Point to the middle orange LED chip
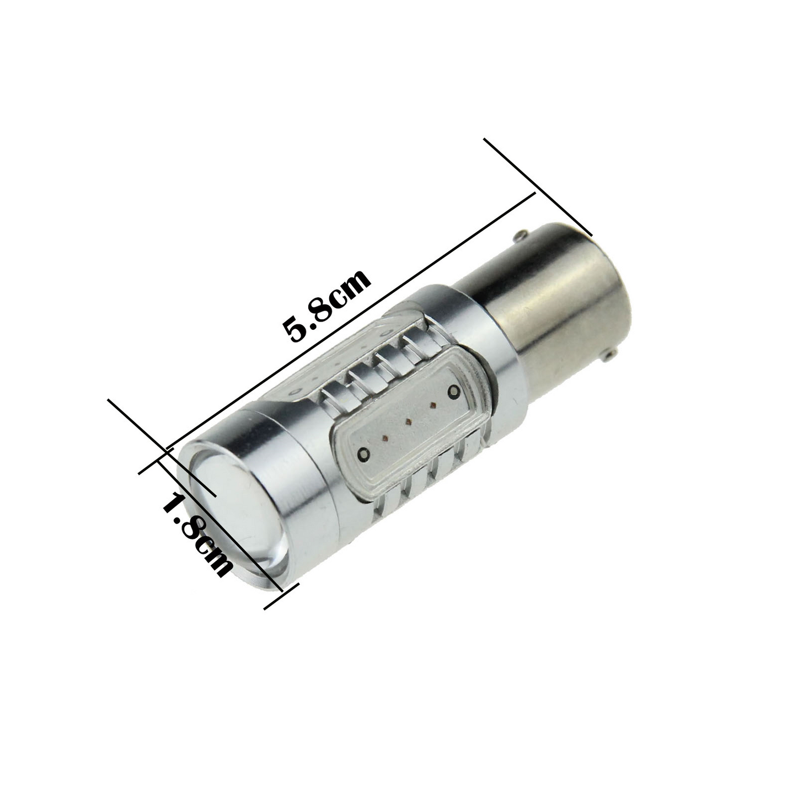[x=408, y=421]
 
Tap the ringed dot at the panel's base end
[x=454, y=390]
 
